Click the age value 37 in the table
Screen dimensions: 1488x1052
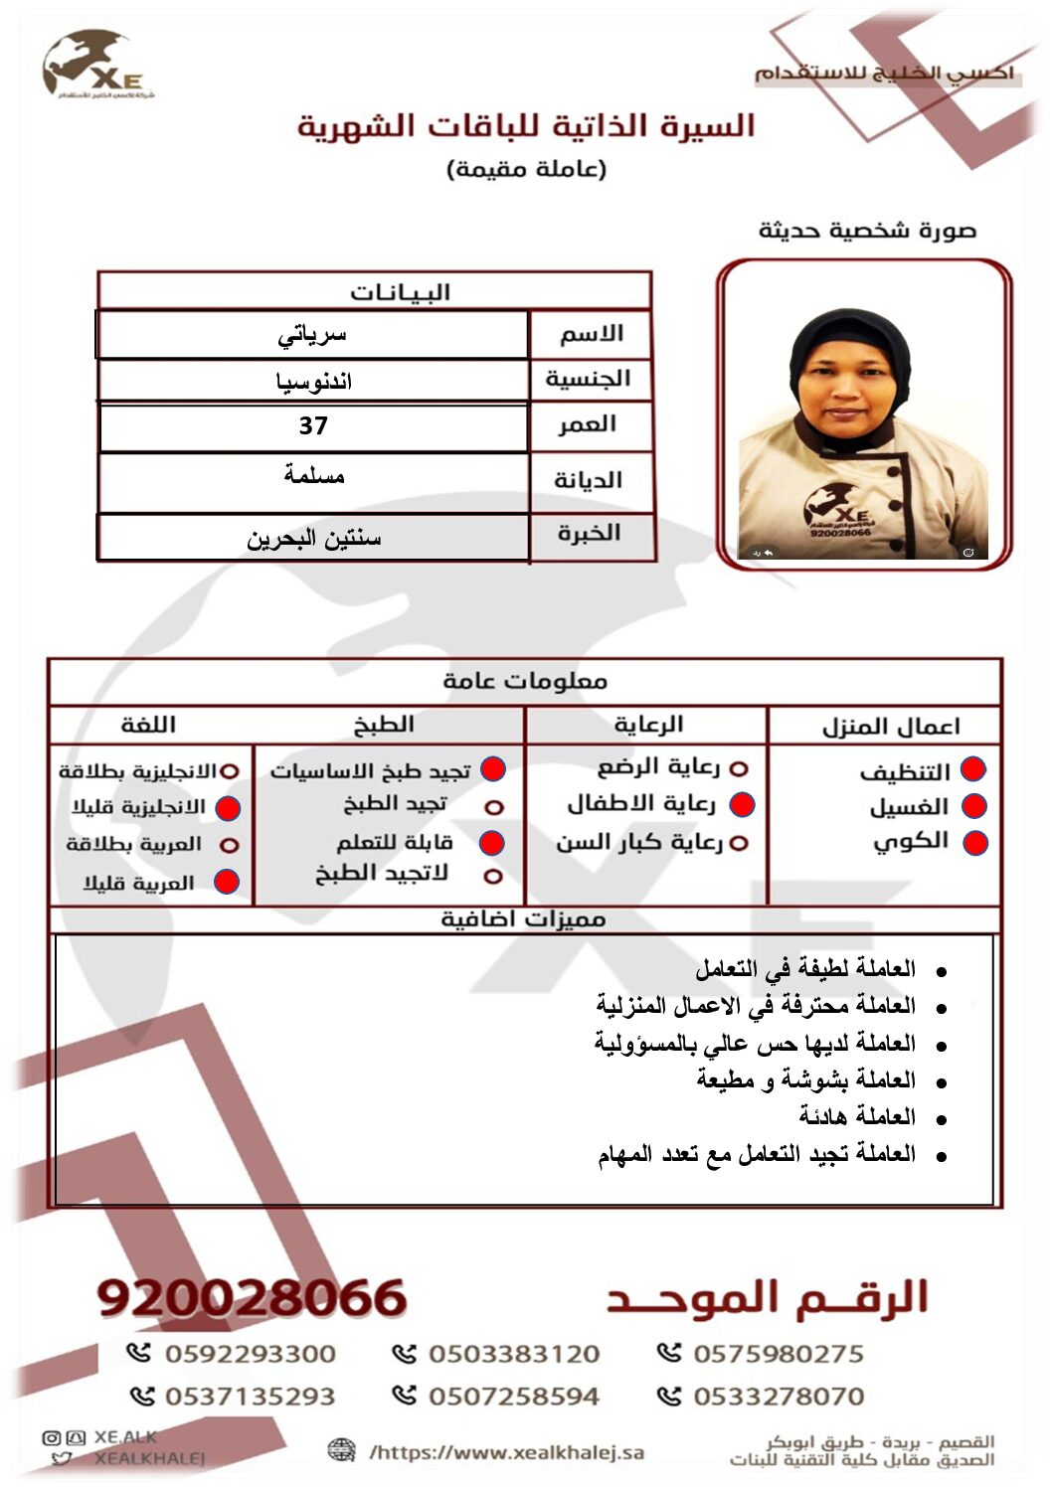click(x=313, y=426)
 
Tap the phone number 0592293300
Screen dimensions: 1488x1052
click(x=250, y=1354)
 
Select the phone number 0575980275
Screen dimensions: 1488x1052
click(x=778, y=1354)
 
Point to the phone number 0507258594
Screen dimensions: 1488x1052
click(x=513, y=1397)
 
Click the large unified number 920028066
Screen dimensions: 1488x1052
click(x=253, y=1298)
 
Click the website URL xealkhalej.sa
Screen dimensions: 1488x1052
click(x=507, y=1452)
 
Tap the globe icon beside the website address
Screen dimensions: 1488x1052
click(x=341, y=1450)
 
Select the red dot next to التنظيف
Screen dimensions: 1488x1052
click(x=972, y=769)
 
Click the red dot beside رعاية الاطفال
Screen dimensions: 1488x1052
click(x=742, y=804)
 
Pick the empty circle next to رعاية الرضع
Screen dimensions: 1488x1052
click(x=738, y=768)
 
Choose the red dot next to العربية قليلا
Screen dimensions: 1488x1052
click(x=227, y=882)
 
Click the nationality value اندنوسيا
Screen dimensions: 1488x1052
click(x=313, y=382)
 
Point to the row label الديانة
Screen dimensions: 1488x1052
click(x=588, y=480)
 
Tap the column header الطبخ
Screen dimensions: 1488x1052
click(x=384, y=725)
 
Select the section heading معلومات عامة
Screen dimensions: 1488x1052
click(x=524, y=681)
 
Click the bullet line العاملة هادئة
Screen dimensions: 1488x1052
click(x=857, y=1116)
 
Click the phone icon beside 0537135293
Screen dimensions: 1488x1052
click(x=142, y=1397)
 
